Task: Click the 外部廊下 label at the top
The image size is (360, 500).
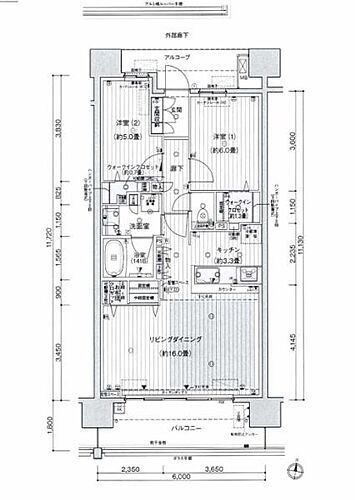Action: [x=179, y=36]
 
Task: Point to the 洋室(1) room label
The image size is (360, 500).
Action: [x=220, y=136]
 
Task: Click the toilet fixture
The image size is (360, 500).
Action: [x=206, y=206]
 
